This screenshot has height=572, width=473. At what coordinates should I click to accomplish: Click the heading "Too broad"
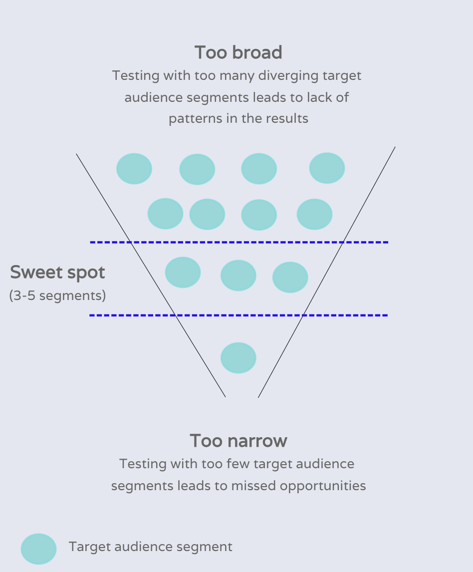coord(238,52)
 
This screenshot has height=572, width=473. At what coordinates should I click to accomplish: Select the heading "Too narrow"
coord(238,441)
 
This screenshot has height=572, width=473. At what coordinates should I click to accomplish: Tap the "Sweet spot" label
coord(58,273)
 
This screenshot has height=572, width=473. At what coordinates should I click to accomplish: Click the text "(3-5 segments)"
coord(58,295)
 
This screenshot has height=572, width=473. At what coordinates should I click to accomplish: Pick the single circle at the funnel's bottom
coord(238,358)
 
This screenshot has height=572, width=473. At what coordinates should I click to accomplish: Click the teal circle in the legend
coord(38,549)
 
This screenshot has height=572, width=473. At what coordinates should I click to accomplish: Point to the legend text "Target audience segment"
coord(151,547)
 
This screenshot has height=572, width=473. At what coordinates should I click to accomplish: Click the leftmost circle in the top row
coord(134,169)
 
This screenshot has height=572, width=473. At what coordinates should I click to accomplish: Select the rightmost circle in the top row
coord(327,168)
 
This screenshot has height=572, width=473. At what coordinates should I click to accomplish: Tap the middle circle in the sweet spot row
coord(238,276)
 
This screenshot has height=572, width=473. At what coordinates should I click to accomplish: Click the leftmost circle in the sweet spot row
coord(183,273)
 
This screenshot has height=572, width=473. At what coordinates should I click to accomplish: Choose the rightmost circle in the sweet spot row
coord(290,278)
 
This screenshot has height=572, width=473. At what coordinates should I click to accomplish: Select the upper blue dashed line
coord(238,243)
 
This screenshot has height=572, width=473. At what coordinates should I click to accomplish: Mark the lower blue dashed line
coord(238,315)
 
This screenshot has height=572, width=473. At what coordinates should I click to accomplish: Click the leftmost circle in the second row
coord(165,214)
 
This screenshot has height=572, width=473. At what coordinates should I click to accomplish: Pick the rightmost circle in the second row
coord(314,214)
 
